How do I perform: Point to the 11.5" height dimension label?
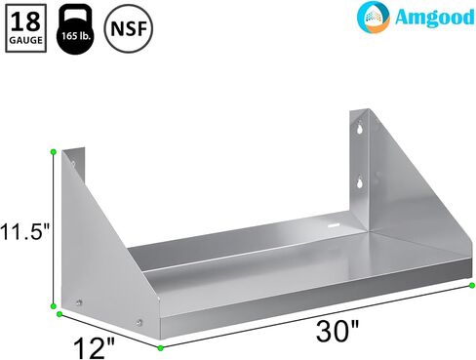pos(25,233)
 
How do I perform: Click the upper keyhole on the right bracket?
pos(360,127)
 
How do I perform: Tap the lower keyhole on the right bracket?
pos(360,180)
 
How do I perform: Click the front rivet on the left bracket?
pos(141,324)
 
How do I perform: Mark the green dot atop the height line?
pos(53,151)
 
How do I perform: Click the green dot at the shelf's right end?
pos(471,285)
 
